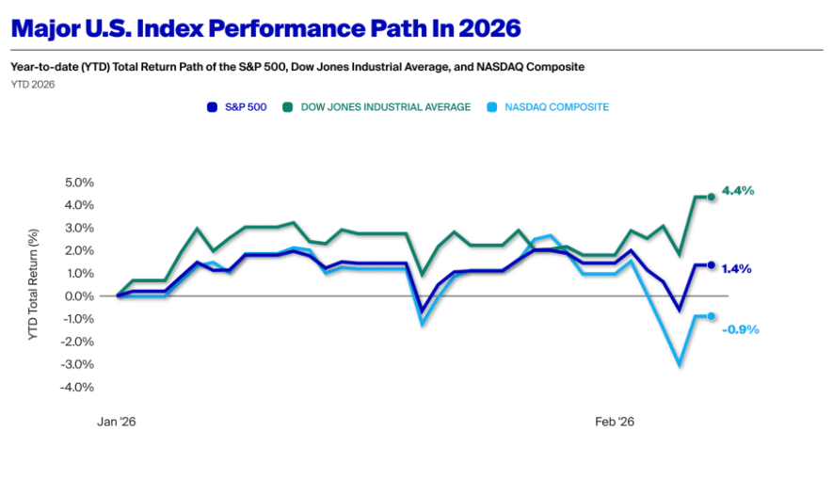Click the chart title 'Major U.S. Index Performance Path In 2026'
265,28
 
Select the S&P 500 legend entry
236,107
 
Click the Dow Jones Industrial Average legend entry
377,107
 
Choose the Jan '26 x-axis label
117,422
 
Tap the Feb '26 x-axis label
615,422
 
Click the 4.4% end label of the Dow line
738,191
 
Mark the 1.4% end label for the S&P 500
736,269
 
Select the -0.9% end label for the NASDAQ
740,329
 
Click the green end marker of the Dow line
712,197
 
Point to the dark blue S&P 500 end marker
712,265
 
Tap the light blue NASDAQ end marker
712,316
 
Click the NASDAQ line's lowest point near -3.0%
679,364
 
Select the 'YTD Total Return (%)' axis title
34,284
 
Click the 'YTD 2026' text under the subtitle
32,85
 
